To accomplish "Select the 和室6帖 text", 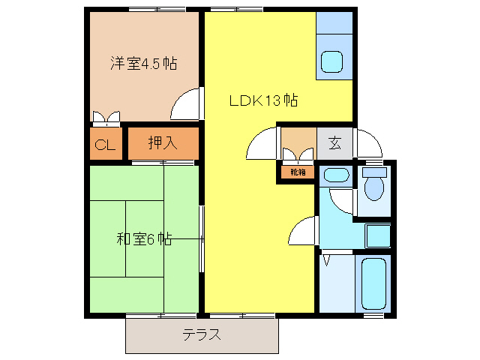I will (144, 239).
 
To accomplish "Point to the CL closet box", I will (104, 145).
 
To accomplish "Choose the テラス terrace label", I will (202, 334).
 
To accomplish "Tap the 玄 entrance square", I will (334, 142).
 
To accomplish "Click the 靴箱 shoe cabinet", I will (298, 172).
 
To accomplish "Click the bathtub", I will (373, 283).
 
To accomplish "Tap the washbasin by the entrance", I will (334, 176).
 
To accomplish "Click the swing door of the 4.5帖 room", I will (187, 105).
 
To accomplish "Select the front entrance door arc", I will (368, 144).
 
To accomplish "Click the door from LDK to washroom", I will (304, 229).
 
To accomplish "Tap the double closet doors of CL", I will (104, 117).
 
